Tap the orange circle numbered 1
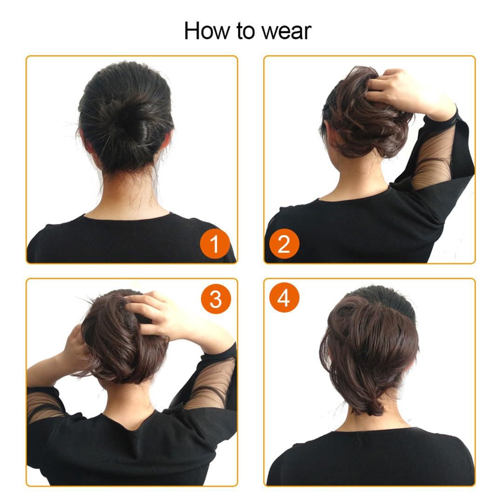[214, 244]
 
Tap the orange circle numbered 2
[284, 244]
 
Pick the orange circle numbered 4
[284, 299]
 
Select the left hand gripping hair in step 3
[75, 349]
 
